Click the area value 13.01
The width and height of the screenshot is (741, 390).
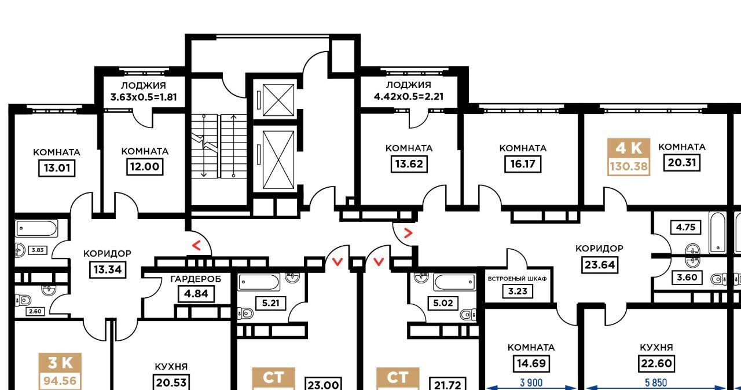(x=57, y=168)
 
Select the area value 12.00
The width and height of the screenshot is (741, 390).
(x=145, y=166)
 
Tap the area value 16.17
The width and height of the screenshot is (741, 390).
(x=523, y=164)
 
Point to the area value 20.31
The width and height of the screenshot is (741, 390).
(x=682, y=163)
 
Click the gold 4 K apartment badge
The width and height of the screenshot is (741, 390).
(x=629, y=157)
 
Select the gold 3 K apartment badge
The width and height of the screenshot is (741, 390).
(x=60, y=371)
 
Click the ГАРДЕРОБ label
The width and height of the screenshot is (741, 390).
(x=196, y=279)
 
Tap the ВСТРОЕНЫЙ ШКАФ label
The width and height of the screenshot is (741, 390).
(x=518, y=279)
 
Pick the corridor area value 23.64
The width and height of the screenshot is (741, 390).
(x=599, y=265)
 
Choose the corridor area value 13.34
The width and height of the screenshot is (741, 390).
(x=108, y=269)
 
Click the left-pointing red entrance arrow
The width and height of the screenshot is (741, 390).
(x=196, y=246)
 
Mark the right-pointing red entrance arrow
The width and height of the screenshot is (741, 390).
(x=409, y=234)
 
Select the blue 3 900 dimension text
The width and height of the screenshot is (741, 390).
(x=531, y=382)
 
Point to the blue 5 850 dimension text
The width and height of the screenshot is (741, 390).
(x=656, y=382)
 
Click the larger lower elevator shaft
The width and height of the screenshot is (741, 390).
(x=278, y=160)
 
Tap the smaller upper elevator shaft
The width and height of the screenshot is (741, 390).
(x=278, y=100)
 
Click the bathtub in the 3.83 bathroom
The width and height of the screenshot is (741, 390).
(x=36, y=228)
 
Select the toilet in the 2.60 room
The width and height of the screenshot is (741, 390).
(x=23, y=301)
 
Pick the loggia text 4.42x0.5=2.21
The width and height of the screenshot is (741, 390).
(x=409, y=97)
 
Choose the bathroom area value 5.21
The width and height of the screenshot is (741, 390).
(x=270, y=303)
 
